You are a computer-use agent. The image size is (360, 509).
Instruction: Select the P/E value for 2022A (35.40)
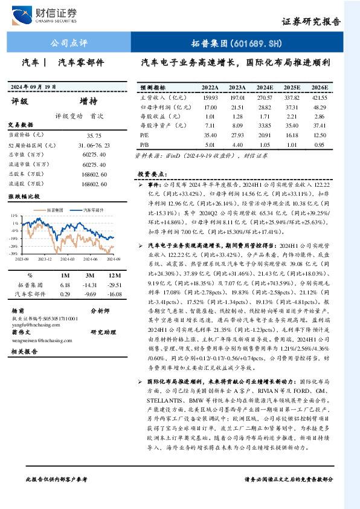coord(210,136)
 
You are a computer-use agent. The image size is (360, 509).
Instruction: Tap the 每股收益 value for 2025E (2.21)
coord(292,117)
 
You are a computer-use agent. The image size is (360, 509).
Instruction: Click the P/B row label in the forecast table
coord(145,146)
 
